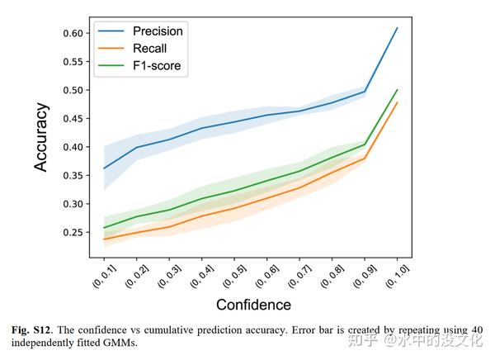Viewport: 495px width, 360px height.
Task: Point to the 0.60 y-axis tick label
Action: (72, 33)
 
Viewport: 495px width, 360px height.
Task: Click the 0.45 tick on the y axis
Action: (72, 118)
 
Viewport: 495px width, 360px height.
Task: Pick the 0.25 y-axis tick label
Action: (72, 232)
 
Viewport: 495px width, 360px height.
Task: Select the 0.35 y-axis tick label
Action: (72, 175)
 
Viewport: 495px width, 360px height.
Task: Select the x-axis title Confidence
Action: (253, 305)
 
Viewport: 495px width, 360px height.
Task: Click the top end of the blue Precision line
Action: (398, 28)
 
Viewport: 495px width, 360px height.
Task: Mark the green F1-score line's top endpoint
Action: (398, 90)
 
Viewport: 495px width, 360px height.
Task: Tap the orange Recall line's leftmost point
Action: (103, 239)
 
